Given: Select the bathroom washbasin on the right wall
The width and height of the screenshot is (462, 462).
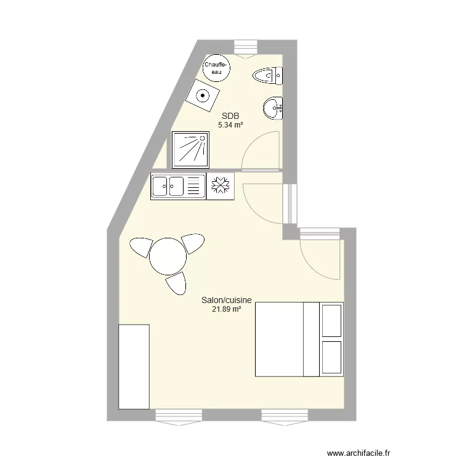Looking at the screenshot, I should (x=273, y=109).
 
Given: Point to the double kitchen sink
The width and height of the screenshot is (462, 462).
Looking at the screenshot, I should (x=178, y=185).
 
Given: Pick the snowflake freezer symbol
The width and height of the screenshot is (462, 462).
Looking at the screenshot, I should (x=221, y=185).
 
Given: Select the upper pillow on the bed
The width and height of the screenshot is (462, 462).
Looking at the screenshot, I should (x=331, y=320).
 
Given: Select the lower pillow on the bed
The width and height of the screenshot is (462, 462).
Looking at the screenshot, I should (x=331, y=357).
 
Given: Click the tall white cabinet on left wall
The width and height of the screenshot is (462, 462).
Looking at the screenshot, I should (x=134, y=367).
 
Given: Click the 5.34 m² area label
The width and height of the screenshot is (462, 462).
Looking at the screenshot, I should (x=230, y=125).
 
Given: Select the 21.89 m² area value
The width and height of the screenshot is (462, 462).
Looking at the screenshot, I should (x=226, y=309).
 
